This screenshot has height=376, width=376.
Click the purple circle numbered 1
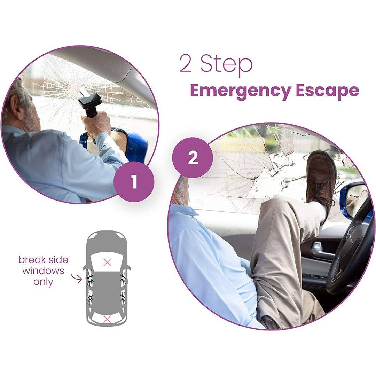(x=134, y=182)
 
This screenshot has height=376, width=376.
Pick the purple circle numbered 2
(x=193, y=157)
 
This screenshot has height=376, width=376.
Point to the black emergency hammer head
(x=89, y=101)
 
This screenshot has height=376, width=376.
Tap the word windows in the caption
(x=43, y=271)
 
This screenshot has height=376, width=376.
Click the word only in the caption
(x=43, y=282)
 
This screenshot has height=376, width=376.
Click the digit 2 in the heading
(x=186, y=65)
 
